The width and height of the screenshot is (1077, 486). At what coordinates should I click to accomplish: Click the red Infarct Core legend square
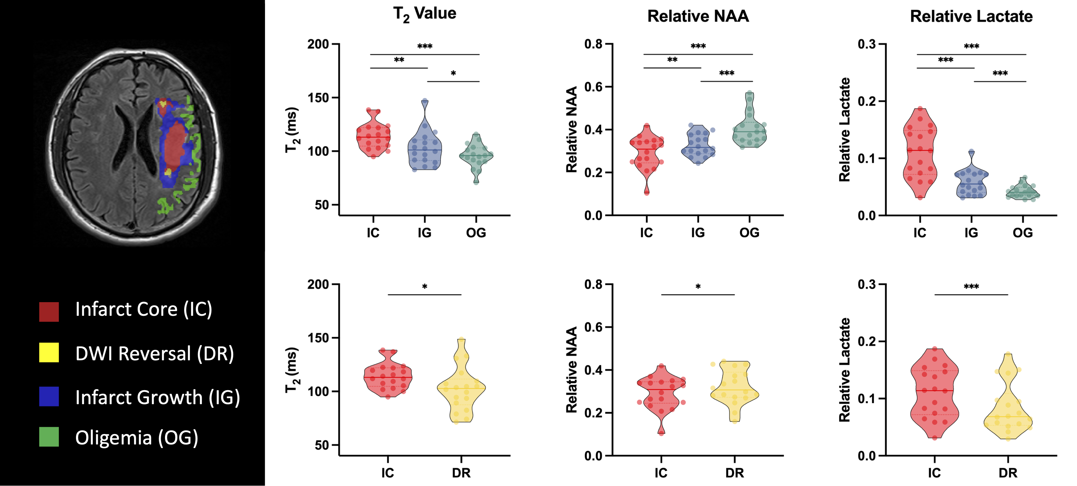pyautogui.click(x=49, y=312)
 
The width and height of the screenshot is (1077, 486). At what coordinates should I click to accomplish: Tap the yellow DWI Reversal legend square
pyautogui.click(x=49, y=352)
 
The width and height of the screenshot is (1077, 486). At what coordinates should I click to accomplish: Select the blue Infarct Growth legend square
pyautogui.click(x=49, y=396)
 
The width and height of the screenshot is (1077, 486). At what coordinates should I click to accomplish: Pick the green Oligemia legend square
pyautogui.click(x=49, y=437)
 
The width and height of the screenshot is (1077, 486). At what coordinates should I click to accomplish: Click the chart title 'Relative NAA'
pyautogui.click(x=698, y=16)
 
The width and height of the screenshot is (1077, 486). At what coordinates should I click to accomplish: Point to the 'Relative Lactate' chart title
pyautogui.click(x=971, y=16)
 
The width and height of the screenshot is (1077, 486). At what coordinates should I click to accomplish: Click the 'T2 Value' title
pyautogui.click(x=424, y=14)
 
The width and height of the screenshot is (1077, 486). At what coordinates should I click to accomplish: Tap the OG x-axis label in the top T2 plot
pyautogui.click(x=476, y=233)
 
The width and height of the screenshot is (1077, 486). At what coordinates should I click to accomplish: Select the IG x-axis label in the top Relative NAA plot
pyautogui.click(x=698, y=233)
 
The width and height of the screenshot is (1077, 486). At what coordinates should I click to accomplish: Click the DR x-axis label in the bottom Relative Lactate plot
pyautogui.click(x=1007, y=473)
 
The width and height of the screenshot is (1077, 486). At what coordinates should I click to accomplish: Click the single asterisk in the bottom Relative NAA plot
pyautogui.click(x=698, y=287)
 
